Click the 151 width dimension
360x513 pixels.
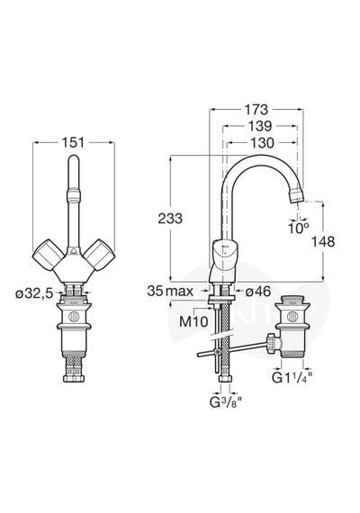click(73, 142)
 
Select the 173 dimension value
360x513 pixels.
click(256, 110)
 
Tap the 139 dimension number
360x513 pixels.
click(260, 126)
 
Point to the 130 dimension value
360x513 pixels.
click(262, 142)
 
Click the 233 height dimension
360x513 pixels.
click(170, 218)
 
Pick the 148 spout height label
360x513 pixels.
click(323, 242)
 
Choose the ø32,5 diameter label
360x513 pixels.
click(33, 293)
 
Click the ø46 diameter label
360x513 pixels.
click(258, 291)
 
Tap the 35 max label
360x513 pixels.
click(170, 291)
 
